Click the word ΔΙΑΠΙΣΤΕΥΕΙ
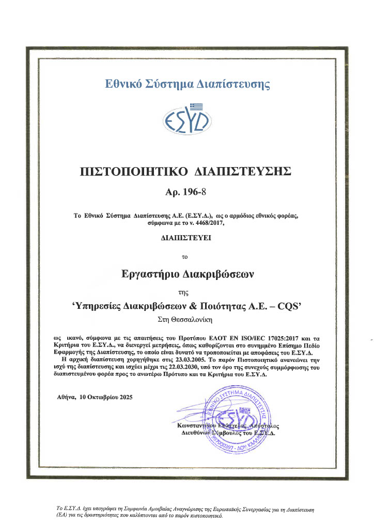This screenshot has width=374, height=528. click(186, 238)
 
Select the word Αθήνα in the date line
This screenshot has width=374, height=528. click(65, 398)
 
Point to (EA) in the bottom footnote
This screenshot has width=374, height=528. click(61, 515)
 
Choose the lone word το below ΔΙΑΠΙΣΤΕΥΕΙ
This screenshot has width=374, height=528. click(186, 256)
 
